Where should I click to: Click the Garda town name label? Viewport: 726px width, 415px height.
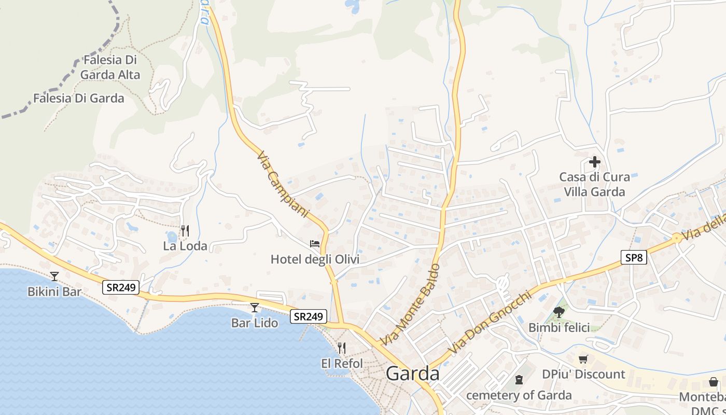tap(413, 374)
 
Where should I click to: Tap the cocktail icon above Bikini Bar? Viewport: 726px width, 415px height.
tap(54, 276)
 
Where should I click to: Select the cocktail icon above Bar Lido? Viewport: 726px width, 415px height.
tap(254, 308)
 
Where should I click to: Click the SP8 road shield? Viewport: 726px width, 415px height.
tap(634, 257)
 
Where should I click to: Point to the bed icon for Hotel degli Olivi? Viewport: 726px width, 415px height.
tap(314, 243)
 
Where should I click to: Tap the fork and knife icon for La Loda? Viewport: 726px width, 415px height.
tap(185, 230)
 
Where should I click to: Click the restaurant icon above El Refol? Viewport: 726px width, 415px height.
tap(341, 348)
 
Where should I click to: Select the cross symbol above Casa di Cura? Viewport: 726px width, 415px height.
tap(594, 162)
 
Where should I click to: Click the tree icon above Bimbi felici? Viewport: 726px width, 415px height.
tap(559, 312)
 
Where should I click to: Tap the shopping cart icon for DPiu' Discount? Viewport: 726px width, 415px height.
tap(583, 359)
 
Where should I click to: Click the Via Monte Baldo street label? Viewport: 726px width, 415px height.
tap(410, 305)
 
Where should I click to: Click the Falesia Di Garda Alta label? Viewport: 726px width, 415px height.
tap(110, 67)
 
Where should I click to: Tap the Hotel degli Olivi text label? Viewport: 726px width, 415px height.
tap(315, 259)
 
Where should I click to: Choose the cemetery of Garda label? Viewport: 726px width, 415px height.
tap(519, 395)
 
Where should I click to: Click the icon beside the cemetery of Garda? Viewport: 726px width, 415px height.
tap(519, 380)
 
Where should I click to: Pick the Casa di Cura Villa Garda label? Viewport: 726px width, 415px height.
tap(594, 184)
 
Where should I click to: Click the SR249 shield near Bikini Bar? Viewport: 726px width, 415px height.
tap(121, 287)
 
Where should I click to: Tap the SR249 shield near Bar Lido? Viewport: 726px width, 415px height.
tap(309, 316)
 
